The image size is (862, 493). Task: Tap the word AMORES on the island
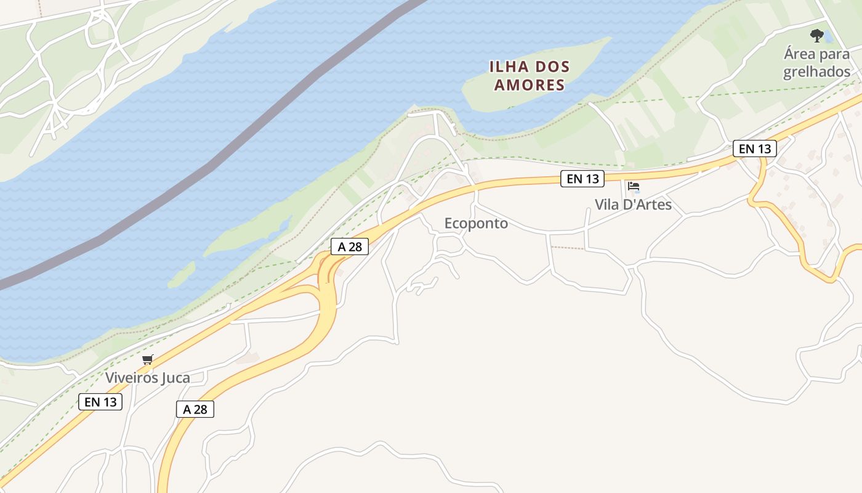530,85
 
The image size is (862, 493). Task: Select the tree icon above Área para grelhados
817,35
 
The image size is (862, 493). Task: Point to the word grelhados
816,72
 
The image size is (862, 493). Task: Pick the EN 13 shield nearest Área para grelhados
755,149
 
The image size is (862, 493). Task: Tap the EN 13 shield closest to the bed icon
582,179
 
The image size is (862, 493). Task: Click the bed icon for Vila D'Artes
634,186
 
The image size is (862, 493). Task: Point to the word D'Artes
648,205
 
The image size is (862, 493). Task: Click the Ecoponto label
476,224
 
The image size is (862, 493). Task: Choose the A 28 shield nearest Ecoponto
350,247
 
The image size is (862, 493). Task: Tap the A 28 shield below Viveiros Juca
195,409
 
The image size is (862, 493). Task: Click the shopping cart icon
147,360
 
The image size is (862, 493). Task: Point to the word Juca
175,378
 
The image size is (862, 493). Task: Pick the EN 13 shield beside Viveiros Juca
100,402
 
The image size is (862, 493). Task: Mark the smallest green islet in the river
182,275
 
